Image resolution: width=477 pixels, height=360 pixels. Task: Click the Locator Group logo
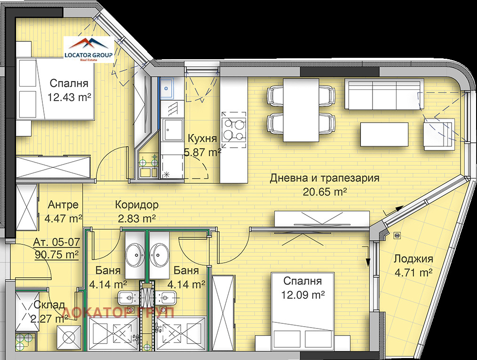pos(88,49)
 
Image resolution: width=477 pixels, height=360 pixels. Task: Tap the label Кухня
pos(203,138)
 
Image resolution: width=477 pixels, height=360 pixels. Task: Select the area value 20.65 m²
pos(325,192)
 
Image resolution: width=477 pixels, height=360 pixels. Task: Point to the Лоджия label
pos(413,259)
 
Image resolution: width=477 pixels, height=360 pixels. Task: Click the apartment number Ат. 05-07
pos(56,242)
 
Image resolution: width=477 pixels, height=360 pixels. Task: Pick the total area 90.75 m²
pos(57,254)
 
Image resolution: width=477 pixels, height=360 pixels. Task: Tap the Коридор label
pos(137,205)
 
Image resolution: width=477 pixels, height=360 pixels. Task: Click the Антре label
pos(64,205)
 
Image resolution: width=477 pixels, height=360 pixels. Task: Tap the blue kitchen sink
pos(167,88)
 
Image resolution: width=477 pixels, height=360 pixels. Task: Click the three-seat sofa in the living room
pos(384,94)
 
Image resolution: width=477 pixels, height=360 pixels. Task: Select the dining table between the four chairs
pos(301,110)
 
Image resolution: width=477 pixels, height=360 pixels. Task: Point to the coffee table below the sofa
pos(384,134)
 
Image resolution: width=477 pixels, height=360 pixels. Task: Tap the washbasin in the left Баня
pos(135,255)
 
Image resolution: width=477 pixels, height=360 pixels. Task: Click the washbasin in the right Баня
pos(159,255)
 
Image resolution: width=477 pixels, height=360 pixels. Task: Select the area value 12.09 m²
pos(302,294)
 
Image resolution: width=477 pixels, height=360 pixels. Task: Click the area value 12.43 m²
pos(69,97)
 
